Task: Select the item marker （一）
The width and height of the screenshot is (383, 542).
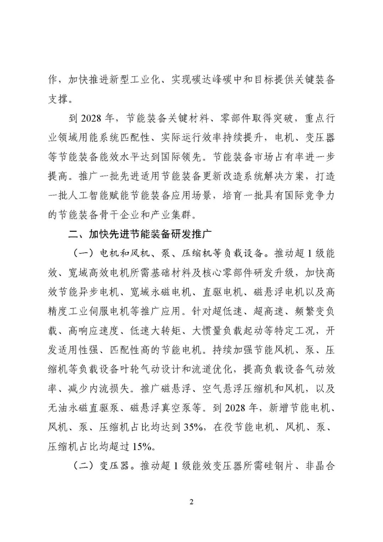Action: click(83, 253)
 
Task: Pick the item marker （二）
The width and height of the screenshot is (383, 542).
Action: click(83, 466)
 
